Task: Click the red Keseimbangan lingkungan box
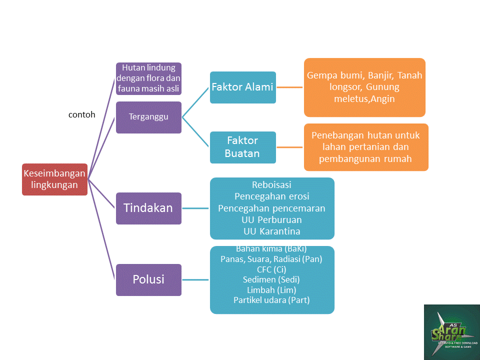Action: pos(54,179)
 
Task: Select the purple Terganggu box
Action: pos(148,117)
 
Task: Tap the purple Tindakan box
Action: pos(148,208)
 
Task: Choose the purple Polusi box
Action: pos(148,279)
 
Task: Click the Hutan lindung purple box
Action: pos(148,78)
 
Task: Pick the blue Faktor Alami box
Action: pos(242,87)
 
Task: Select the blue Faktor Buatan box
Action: pos(242,147)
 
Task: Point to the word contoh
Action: pos(81,114)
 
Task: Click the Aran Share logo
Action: pos(451,332)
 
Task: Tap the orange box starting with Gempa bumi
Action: pos(364,87)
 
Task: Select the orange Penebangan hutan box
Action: pos(365,147)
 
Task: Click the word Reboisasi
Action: pos(271,185)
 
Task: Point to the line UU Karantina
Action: pos(271,231)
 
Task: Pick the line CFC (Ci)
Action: pos(271,269)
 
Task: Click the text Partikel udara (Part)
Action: pos(271,300)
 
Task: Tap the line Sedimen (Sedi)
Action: pos(271,279)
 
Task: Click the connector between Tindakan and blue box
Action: pos(195,208)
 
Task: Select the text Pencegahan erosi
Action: pos(271,196)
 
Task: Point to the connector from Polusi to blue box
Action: pos(195,279)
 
